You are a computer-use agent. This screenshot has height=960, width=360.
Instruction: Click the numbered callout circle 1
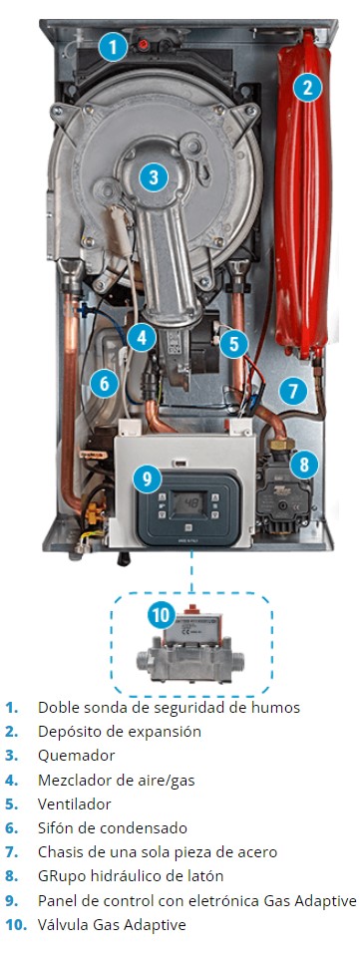pyautogui.click(x=112, y=47)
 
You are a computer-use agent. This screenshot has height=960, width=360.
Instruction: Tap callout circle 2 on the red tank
pyautogui.click(x=307, y=88)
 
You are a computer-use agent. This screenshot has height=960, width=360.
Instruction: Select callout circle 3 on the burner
pyautogui.click(x=154, y=177)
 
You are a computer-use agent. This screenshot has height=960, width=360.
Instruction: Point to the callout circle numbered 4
pyautogui.click(x=142, y=336)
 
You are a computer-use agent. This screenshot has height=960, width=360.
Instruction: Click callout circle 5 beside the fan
pyautogui.click(x=234, y=344)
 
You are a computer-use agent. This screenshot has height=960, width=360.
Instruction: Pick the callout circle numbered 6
pyautogui.click(x=104, y=384)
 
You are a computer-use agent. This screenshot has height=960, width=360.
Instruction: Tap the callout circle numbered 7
pyautogui.click(x=293, y=390)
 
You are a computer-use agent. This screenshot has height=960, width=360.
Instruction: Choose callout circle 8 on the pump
pyautogui.click(x=304, y=466)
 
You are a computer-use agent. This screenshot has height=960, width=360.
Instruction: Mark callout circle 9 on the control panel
pyautogui.click(x=147, y=479)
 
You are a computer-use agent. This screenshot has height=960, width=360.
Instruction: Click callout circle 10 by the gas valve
pyautogui.click(x=161, y=615)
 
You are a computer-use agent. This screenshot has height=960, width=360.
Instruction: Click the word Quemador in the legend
pyautogui.click(x=76, y=755)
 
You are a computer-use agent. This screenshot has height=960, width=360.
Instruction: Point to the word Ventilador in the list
pyautogui.click(x=74, y=803)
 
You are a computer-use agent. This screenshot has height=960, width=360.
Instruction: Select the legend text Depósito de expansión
pyautogui.click(x=120, y=731)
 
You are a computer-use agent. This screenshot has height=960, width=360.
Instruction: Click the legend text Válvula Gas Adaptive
pyautogui.click(x=112, y=924)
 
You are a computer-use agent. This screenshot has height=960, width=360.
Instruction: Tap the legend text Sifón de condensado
pyautogui.click(x=113, y=827)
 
